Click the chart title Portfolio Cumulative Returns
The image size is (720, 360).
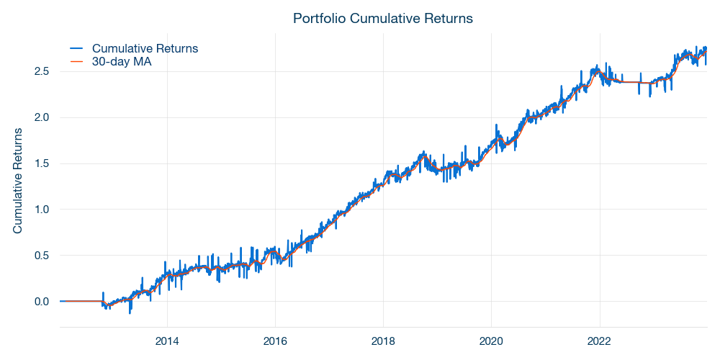383,18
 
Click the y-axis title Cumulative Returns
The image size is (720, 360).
18,181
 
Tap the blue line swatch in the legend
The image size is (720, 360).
77,48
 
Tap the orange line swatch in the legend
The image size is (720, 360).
77,63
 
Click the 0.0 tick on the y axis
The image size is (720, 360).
42,302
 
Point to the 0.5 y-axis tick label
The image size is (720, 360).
42,256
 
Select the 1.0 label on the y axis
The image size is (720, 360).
42,210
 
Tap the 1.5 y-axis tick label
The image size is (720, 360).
42,163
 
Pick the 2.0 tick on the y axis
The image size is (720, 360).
42,117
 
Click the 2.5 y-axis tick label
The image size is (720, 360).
42,71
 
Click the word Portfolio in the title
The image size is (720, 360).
318,18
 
